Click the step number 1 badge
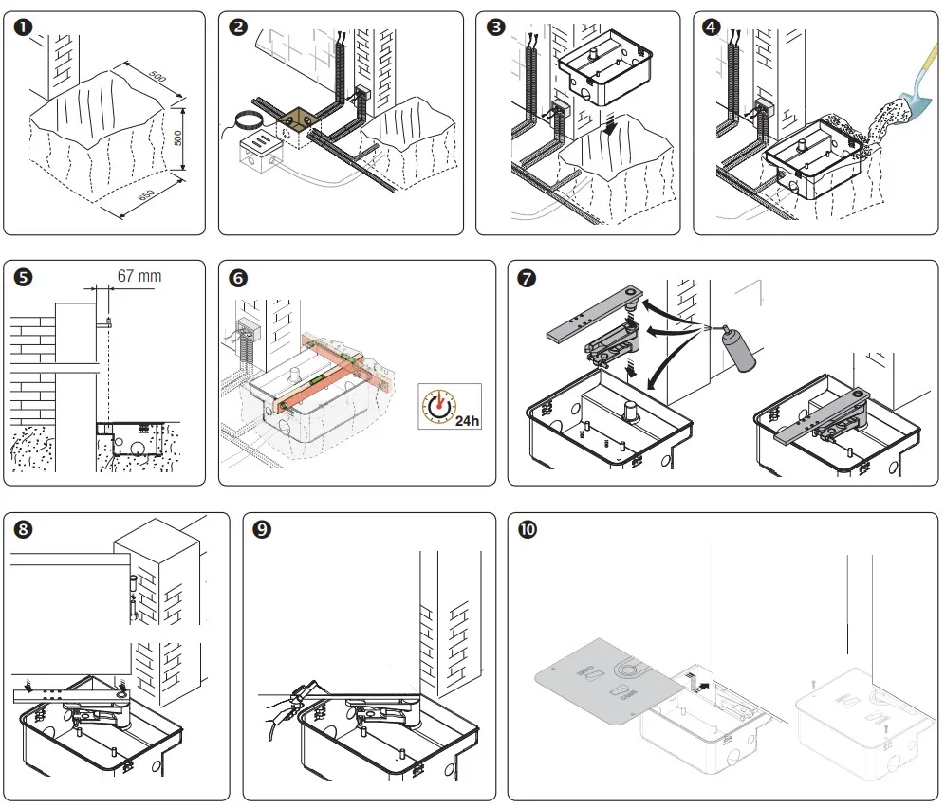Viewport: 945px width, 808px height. tap(23, 28)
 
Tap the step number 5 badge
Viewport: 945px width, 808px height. tap(23, 278)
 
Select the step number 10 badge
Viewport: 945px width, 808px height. tap(528, 529)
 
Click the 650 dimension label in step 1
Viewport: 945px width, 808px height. tap(146, 194)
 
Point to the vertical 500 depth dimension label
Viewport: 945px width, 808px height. tap(177, 138)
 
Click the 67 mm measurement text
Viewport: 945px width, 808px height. tap(139, 276)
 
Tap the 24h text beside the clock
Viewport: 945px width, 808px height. tap(467, 420)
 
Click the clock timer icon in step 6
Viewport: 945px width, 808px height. tap(439, 404)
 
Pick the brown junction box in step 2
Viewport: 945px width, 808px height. tap(298, 128)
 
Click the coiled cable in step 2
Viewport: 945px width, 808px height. tap(247, 121)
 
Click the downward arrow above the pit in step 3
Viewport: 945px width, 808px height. tap(611, 123)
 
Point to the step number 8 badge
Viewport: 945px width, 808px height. tap(23, 529)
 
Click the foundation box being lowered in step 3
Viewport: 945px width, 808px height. tap(605, 66)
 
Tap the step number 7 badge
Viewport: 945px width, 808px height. tap(527, 279)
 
